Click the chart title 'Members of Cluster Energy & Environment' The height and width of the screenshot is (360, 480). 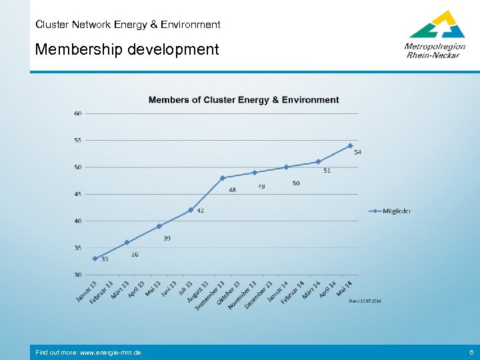click(243, 100)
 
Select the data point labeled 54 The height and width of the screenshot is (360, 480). click(350, 145)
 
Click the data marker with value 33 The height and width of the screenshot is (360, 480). click(95, 259)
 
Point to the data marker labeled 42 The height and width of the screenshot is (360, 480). click(191, 210)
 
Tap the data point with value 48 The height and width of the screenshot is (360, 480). click(223, 178)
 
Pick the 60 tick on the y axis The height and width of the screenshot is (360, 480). click(78, 113)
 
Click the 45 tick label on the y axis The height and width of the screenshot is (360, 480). click(78, 194)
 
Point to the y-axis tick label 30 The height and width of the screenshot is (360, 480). click(78, 275)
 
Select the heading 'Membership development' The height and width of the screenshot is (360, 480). click(127, 49)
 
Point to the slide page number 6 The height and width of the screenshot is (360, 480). click(471, 352)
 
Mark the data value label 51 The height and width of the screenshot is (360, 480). click(327, 171)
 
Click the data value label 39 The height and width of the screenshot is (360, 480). click(166, 238)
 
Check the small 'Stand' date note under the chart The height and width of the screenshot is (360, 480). click(365, 301)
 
